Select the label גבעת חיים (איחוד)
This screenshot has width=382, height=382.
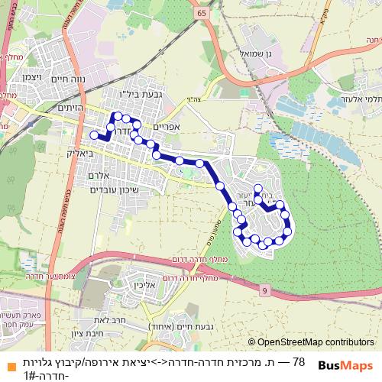[x=175, y=326]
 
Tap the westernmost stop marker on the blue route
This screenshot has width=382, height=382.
[x=94, y=134]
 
